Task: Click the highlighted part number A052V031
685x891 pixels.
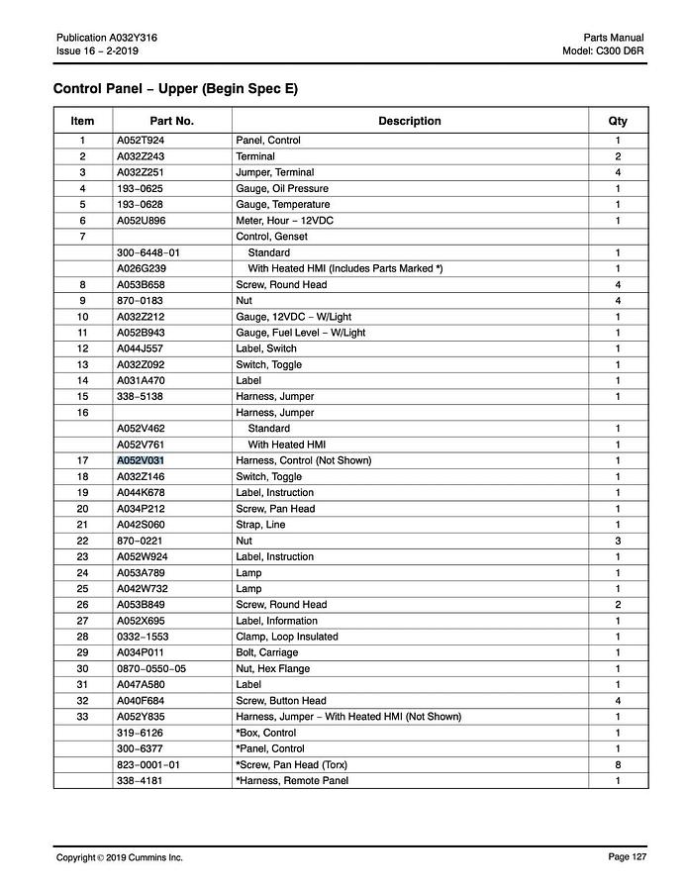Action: click(x=141, y=460)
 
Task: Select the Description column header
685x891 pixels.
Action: click(x=409, y=121)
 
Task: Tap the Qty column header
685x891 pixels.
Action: click(x=618, y=121)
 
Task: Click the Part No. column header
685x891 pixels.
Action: click(x=171, y=121)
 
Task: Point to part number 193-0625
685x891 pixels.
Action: click(x=140, y=188)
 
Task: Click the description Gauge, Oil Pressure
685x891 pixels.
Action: click(x=282, y=188)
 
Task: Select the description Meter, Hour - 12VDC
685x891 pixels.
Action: click(x=285, y=220)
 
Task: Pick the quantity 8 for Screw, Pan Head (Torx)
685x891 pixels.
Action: click(x=618, y=764)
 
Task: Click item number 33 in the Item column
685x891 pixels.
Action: click(x=82, y=717)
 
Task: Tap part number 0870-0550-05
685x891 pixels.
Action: click(x=151, y=668)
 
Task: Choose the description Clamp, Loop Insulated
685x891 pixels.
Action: click(x=287, y=637)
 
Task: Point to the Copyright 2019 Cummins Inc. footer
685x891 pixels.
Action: click(x=120, y=857)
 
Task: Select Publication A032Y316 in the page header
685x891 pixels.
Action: click(x=107, y=38)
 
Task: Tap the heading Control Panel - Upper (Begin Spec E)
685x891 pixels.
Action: click(x=175, y=89)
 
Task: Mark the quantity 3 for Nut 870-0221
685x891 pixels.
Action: click(x=618, y=541)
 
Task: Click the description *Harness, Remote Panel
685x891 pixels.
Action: click(x=292, y=781)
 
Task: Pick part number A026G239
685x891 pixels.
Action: click(x=142, y=268)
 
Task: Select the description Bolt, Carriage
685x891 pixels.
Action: click(x=266, y=652)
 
